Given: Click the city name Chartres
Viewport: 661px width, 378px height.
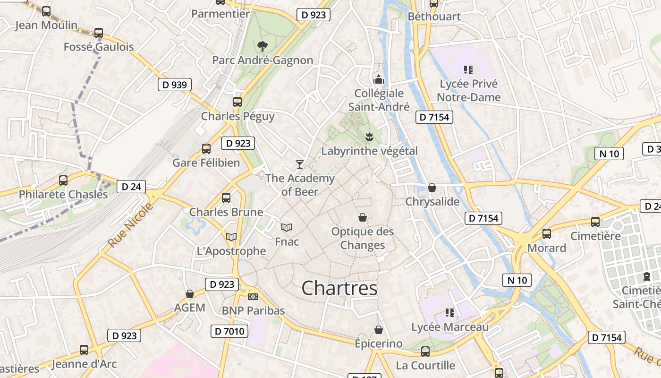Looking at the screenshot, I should pyautogui.click(x=339, y=288).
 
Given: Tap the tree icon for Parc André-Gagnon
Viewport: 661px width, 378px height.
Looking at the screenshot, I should pyautogui.click(x=262, y=46).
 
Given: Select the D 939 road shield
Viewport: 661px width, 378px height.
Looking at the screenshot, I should pyautogui.click(x=174, y=85).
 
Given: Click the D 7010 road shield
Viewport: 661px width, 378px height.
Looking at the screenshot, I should pyautogui.click(x=229, y=331).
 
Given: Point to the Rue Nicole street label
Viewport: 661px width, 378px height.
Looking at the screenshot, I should pyautogui.click(x=130, y=225).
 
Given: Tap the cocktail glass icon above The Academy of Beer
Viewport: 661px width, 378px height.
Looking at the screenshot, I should pyautogui.click(x=299, y=164).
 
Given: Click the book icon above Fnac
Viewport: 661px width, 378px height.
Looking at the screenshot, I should pyautogui.click(x=287, y=227).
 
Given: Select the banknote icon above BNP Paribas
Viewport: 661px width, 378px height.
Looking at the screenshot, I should pyautogui.click(x=253, y=297).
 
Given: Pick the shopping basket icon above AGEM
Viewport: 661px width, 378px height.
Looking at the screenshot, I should pyautogui.click(x=190, y=294).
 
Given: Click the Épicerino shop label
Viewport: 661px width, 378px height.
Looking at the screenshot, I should pyautogui.click(x=379, y=344).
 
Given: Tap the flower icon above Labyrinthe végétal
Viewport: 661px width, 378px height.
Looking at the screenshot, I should pyautogui.click(x=369, y=137).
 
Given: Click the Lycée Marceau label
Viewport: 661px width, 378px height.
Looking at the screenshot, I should pyautogui.click(x=450, y=327).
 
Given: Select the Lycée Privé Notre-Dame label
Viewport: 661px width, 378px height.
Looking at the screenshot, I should pyautogui.click(x=468, y=90).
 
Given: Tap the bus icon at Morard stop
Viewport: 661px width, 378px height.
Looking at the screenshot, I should pyautogui.click(x=547, y=233).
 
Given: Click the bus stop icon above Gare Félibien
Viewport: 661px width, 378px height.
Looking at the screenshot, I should pyautogui.click(x=206, y=149).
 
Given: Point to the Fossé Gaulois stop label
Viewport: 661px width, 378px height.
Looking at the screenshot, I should pyautogui.click(x=99, y=47).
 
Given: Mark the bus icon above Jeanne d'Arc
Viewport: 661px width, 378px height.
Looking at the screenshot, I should pyautogui.click(x=84, y=350).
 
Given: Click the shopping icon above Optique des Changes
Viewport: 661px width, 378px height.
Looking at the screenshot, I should pyautogui.click(x=363, y=217).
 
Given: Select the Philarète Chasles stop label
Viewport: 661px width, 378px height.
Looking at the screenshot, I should pyautogui.click(x=63, y=194).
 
